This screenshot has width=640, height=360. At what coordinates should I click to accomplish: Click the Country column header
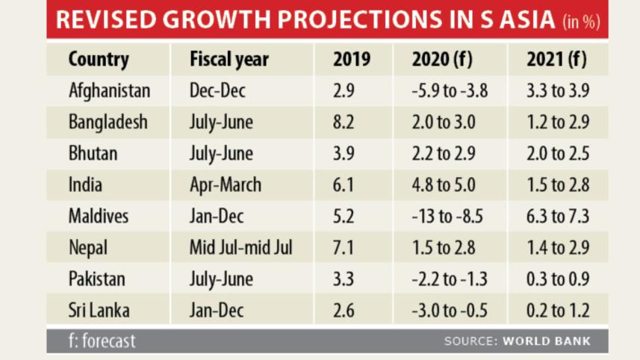tap(99, 59)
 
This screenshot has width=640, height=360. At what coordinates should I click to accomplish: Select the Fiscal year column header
tap(229, 59)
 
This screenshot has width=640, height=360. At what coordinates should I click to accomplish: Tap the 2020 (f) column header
tap(441, 59)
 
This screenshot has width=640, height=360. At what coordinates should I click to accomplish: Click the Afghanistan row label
tap(109, 91)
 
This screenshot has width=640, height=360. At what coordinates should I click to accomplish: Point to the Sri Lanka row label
tap(99, 311)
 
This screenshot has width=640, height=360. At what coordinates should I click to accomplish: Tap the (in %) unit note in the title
tap(580, 22)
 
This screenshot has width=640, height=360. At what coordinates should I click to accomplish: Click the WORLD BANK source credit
tap(546, 341)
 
